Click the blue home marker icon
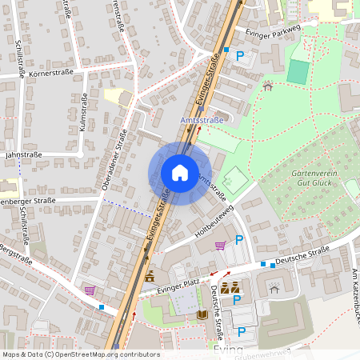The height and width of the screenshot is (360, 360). click(x=180, y=172)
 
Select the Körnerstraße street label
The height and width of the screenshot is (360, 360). click(x=50, y=72)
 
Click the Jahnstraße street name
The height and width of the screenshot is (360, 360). click(x=22, y=154)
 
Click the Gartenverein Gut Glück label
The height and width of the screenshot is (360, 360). click(x=308, y=178)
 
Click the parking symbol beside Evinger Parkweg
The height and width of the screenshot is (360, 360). click(x=238, y=56)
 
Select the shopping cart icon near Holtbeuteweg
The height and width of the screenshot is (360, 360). click(x=220, y=246)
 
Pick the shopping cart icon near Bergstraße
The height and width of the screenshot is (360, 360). click(x=90, y=290)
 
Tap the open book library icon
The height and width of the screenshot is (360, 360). click(x=202, y=315)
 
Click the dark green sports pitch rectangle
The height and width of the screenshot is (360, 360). click(x=297, y=72)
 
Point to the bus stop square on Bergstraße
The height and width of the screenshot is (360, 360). click(x=101, y=306)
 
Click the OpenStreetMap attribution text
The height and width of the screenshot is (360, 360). click(x=80, y=354)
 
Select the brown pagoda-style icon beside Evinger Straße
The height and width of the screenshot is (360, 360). click(x=150, y=276)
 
